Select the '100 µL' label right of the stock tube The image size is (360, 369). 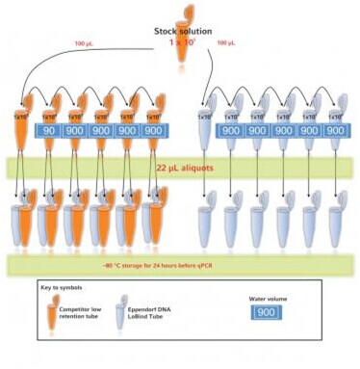[x=226, y=43]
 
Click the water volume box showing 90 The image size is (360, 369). [x=48, y=131]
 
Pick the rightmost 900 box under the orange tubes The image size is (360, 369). [x=152, y=131]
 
